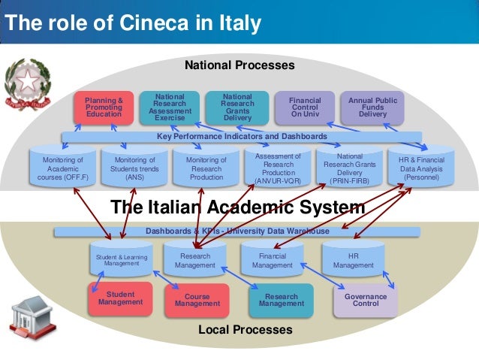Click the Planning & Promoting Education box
pos(104,107)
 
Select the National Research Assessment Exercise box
pos(169,107)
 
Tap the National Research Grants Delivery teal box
pos(237,107)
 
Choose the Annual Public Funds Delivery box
pos(372,107)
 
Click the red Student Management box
pos(120,298)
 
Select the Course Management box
pos(197,300)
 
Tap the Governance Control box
pos(366,300)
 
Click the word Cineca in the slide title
pos(137,23)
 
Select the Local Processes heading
pos(245,330)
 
